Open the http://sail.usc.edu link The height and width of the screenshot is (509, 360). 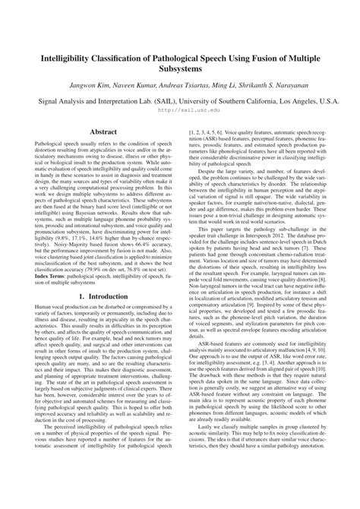[x=180, y=109]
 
